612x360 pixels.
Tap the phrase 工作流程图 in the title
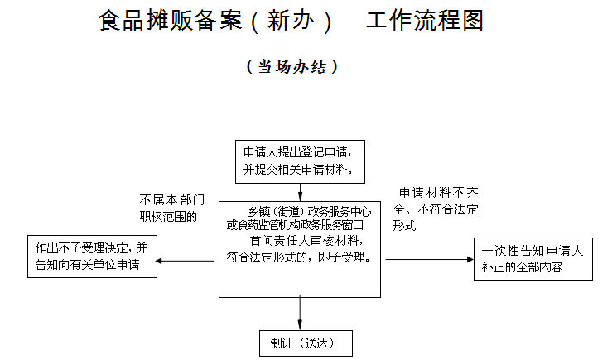click(x=424, y=22)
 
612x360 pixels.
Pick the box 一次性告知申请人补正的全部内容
click(x=533, y=259)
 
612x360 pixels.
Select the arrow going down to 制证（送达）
click(x=300, y=314)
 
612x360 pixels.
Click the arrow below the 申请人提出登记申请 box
click(x=300, y=190)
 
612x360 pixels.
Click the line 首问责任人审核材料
click(x=305, y=241)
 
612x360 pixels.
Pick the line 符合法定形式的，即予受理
click(x=298, y=257)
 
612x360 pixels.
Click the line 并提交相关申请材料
click(x=299, y=169)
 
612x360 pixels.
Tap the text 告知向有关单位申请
click(x=87, y=265)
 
